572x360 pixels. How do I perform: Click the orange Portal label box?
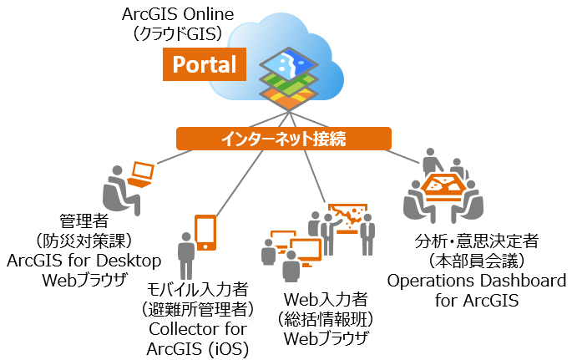(x=205, y=64)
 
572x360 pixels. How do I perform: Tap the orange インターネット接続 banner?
(x=283, y=137)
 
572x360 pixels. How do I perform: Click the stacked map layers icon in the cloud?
(x=286, y=79)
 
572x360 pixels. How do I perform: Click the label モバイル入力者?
(x=197, y=291)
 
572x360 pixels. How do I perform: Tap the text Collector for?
(x=197, y=327)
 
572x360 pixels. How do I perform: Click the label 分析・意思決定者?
(x=476, y=243)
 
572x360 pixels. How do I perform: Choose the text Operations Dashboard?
(x=476, y=280)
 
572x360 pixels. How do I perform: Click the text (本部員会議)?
(x=476, y=261)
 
